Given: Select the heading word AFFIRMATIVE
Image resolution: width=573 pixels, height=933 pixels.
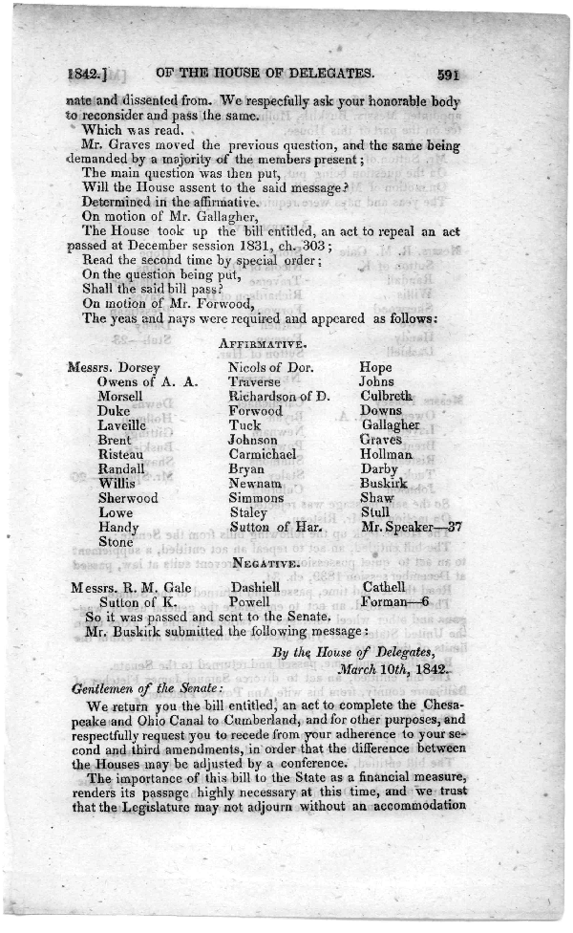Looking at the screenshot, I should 261,342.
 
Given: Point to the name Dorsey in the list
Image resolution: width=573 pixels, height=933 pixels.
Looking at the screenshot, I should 136,367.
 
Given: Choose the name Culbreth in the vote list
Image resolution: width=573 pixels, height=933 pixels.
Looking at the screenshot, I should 386,396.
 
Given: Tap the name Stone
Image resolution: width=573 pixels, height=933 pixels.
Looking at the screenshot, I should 117,542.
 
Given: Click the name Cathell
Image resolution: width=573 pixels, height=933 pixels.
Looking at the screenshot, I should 384,587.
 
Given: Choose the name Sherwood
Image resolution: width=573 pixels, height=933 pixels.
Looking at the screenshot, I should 128,498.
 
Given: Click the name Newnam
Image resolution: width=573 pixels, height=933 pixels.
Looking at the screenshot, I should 254,484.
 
